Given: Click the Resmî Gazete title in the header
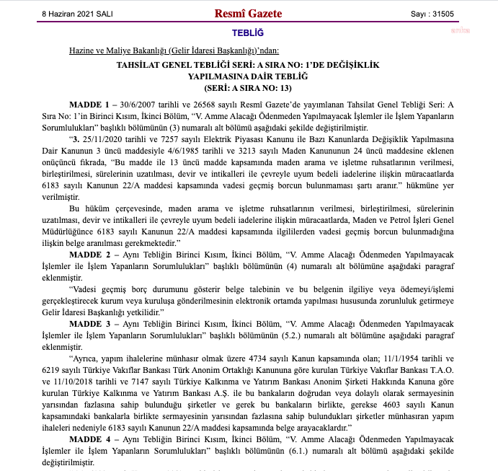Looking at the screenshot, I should [248, 13].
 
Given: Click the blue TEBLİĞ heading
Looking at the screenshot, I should [248, 33].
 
